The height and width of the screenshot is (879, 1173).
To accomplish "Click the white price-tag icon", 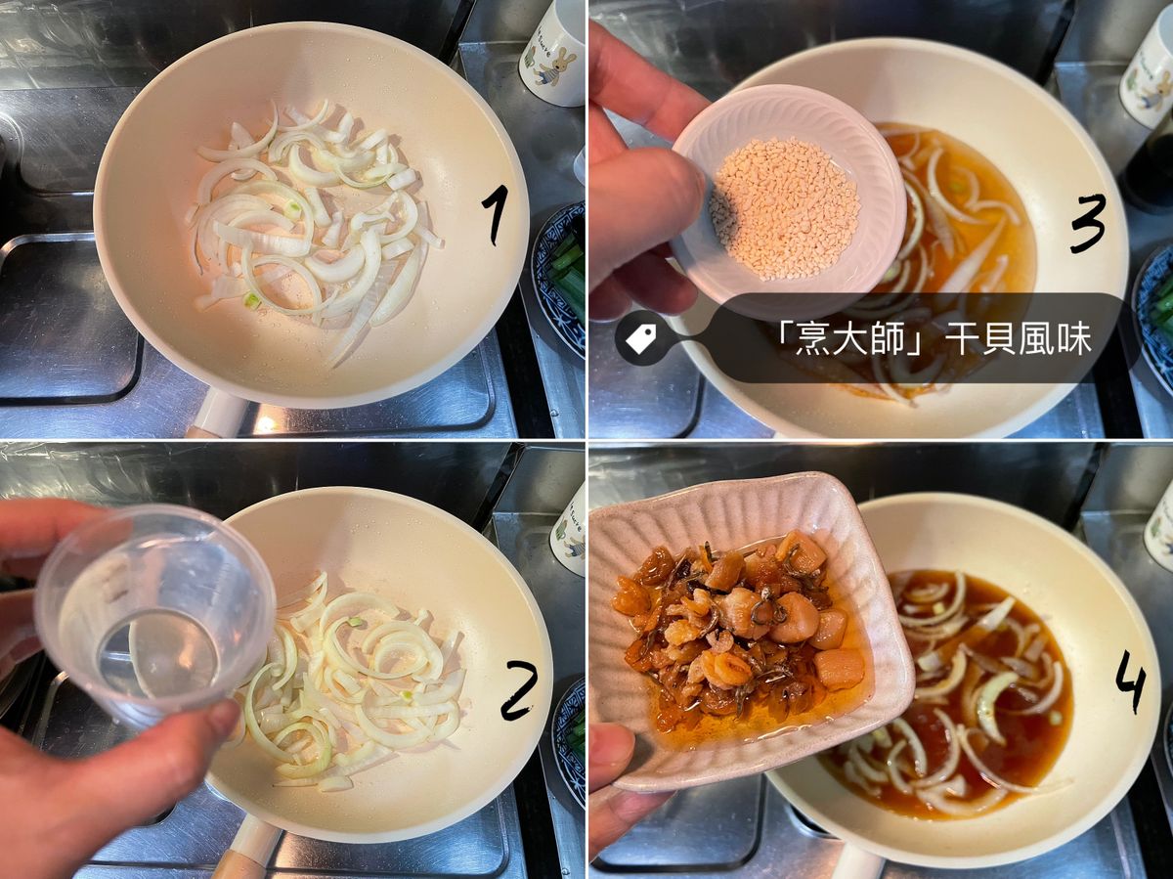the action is click(x=640, y=338).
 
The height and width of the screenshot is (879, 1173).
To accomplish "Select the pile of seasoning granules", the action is click(x=785, y=207).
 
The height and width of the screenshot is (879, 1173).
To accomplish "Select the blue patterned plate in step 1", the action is click(x=557, y=278).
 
